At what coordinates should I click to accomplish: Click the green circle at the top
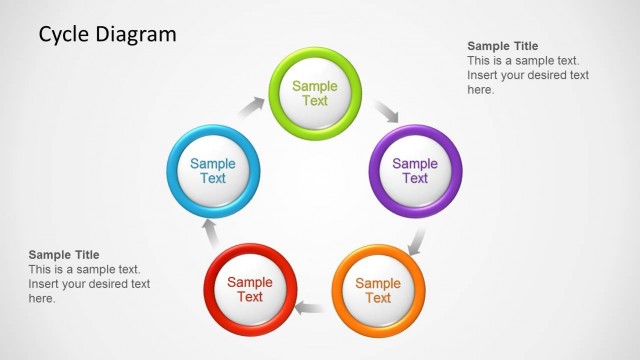tap(315, 93)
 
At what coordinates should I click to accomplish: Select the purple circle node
tap(415, 171)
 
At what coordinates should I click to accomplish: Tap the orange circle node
tap(377, 290)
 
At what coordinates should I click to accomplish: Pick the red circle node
tap(250, 289)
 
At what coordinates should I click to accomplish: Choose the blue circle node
tap(213, 171)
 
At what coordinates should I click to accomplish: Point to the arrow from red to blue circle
tap(211, 233)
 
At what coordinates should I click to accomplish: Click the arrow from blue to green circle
tap(252, 106)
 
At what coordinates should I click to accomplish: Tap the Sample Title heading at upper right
tap(503, 46)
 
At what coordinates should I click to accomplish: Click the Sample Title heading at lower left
tap(64, 255)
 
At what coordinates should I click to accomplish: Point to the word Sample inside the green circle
tap(315, 86)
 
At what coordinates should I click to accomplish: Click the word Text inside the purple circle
tap(415, 179)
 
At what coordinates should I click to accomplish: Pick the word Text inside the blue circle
tap(213, 179)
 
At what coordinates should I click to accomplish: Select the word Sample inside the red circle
tap(250, 282)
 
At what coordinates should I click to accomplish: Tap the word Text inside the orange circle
tap(377, 298)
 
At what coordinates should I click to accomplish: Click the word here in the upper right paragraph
tap(481, 89)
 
